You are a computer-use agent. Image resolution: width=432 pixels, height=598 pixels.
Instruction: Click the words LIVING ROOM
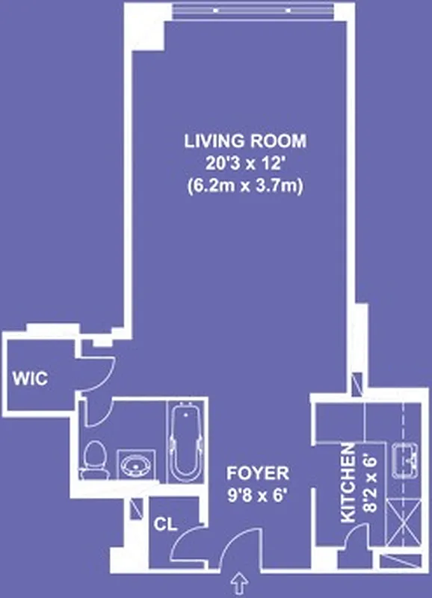click(x=245, y=141)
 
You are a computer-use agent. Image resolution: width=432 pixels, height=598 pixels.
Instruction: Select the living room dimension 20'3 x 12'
click(x=245, y=164)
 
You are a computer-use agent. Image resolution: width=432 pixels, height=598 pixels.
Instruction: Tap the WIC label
click(x=30, y=379)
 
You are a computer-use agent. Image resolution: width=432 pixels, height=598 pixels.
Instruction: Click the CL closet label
click(x=166, y=524)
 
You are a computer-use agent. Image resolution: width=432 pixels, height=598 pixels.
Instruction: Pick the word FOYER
click(x=258, y=473)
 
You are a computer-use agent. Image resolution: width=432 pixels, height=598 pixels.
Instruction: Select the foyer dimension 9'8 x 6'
click(x=258, y=494)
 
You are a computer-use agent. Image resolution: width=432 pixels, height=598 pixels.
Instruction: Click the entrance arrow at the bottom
click(x=240, y=580)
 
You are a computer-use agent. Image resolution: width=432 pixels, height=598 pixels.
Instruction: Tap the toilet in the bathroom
click(x=95, y=460)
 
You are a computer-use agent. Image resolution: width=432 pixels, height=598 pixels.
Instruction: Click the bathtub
click(x=184, y=442)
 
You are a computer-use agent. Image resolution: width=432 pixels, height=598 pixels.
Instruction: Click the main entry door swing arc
click(x=241, y=549)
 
